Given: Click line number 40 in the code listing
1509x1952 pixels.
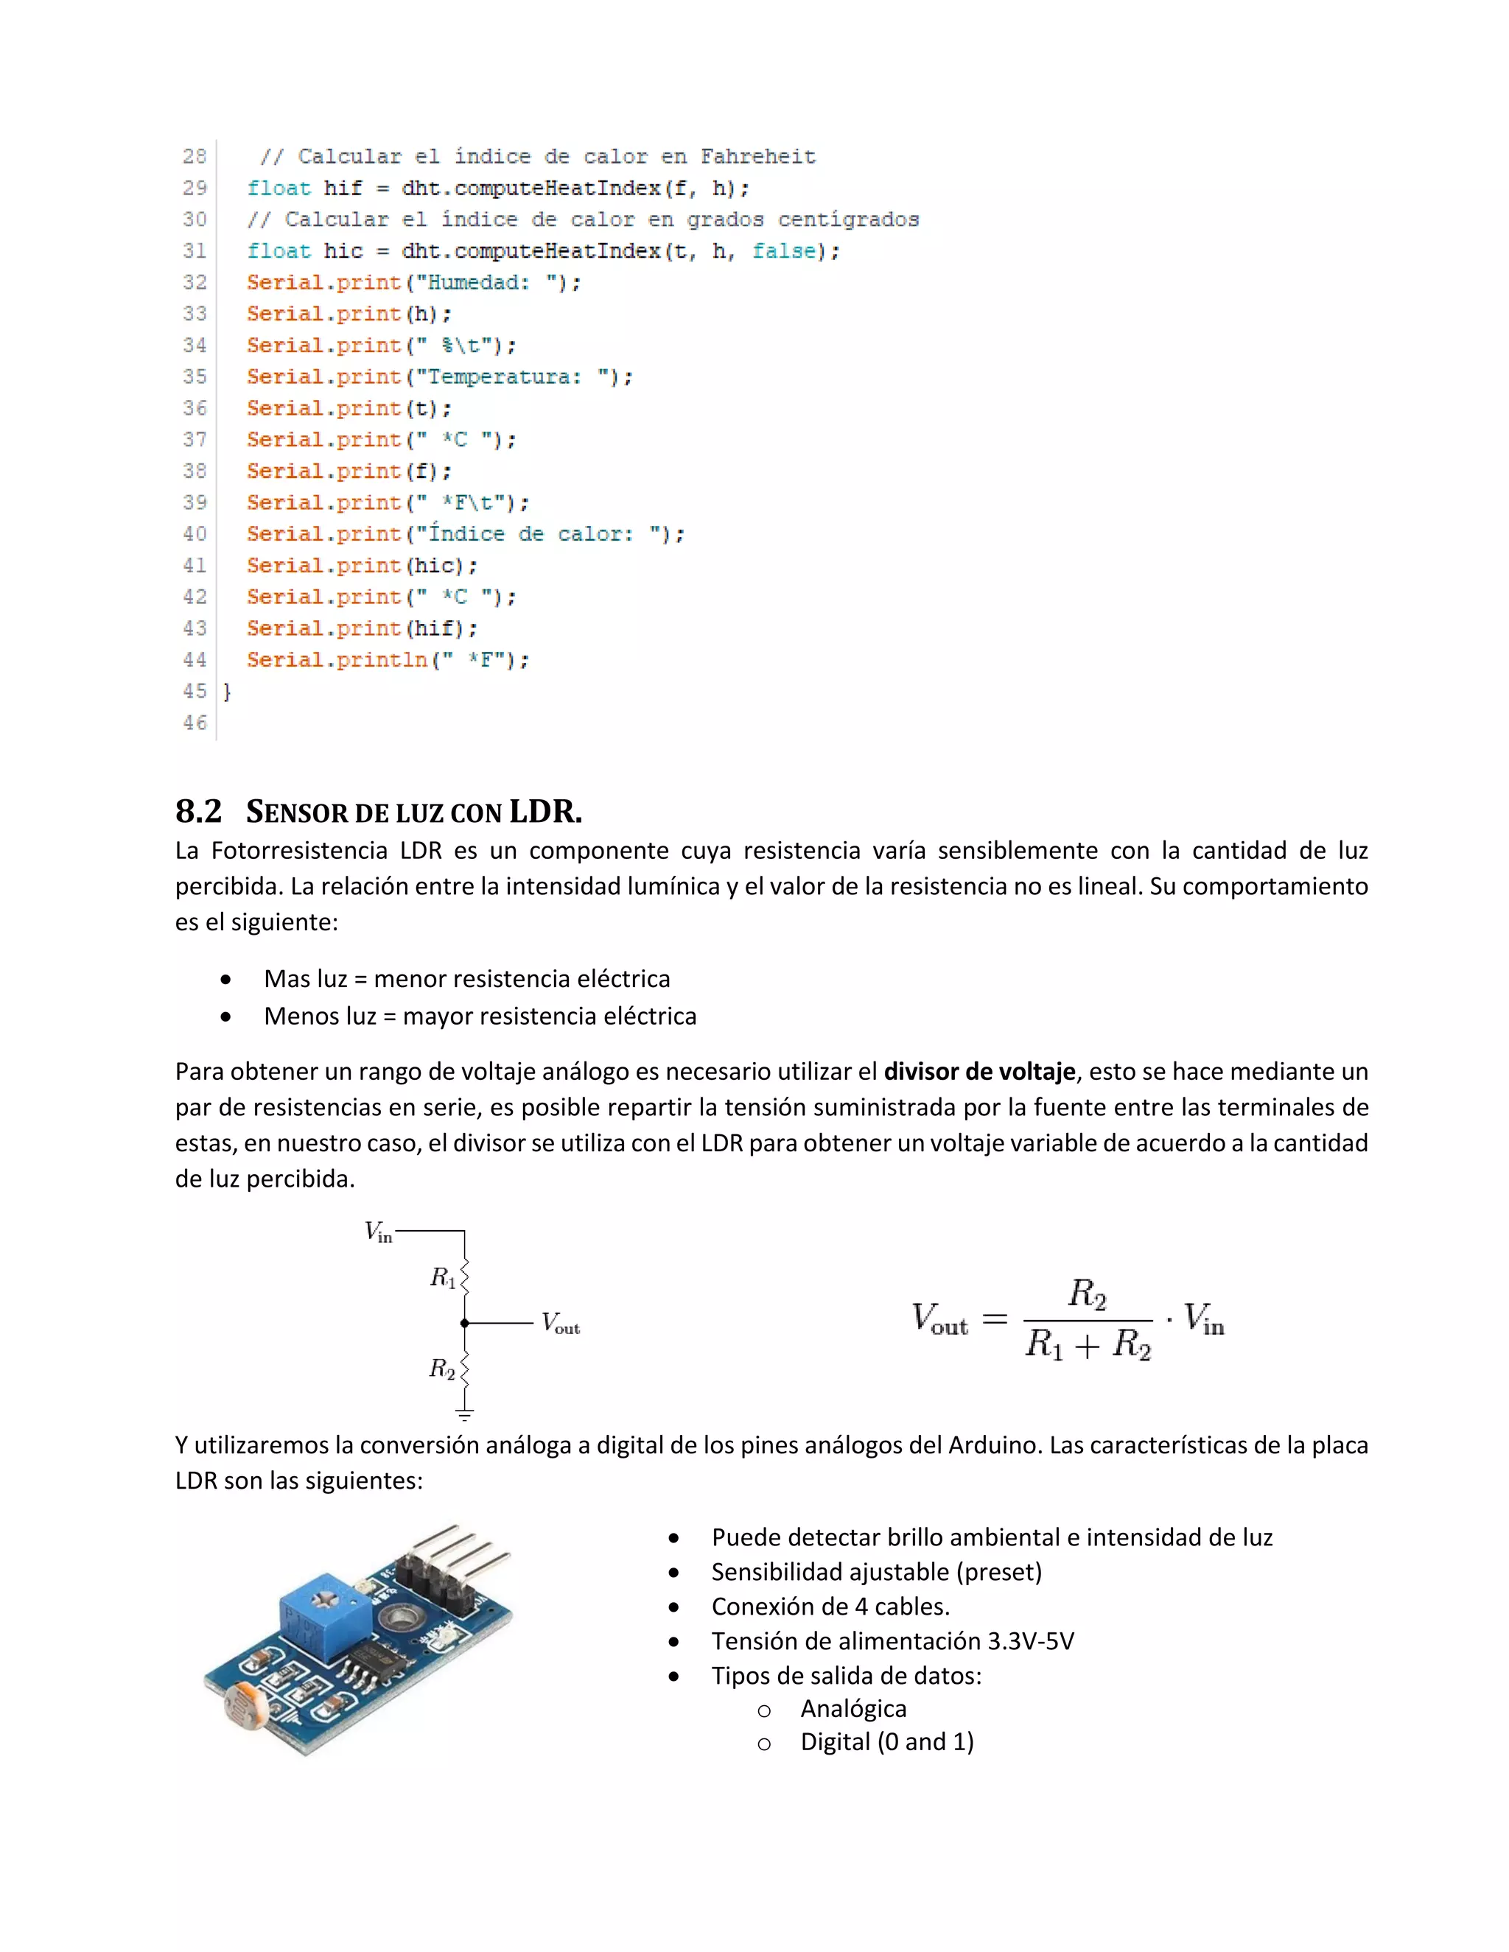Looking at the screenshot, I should tap(194, 535).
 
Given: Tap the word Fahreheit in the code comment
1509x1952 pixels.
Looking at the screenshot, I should tap(757, 158).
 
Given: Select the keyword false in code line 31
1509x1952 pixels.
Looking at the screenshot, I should tap(783, 251).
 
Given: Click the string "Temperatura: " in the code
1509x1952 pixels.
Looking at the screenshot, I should tap(513, 377).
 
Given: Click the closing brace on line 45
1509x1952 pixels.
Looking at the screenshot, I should tap(227, 692).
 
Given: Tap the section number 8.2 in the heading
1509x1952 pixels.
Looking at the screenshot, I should tap(198, 812).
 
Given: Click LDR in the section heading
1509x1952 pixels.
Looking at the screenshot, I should tap(545, 812).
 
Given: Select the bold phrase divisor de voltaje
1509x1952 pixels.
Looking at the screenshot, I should tap(979, 1071).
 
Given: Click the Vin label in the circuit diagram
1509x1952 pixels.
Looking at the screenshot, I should tap(378, 1232).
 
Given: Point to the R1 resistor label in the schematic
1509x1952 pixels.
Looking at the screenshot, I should tap(443, 1278).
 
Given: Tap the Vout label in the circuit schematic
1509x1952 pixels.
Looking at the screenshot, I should tap(561, 1323).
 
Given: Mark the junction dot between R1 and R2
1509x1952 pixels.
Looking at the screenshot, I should tap(465, 1323).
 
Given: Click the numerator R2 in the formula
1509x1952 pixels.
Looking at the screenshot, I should tap(1087, 1293).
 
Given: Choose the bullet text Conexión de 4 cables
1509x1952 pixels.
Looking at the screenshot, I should tap(830, 1607).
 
